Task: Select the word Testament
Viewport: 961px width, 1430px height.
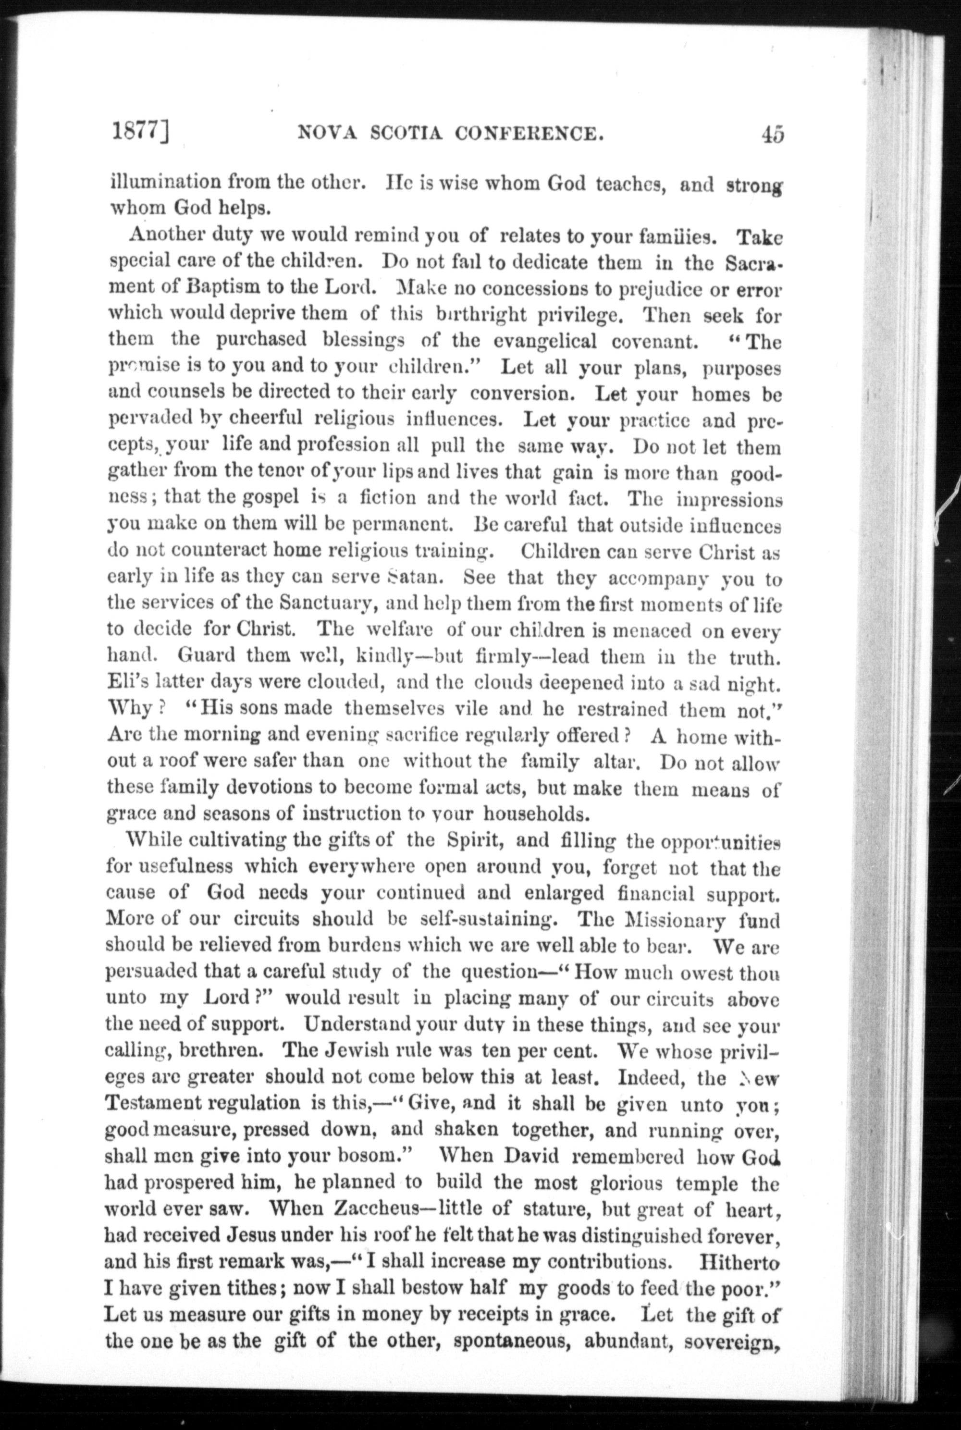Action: [153, 1105]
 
